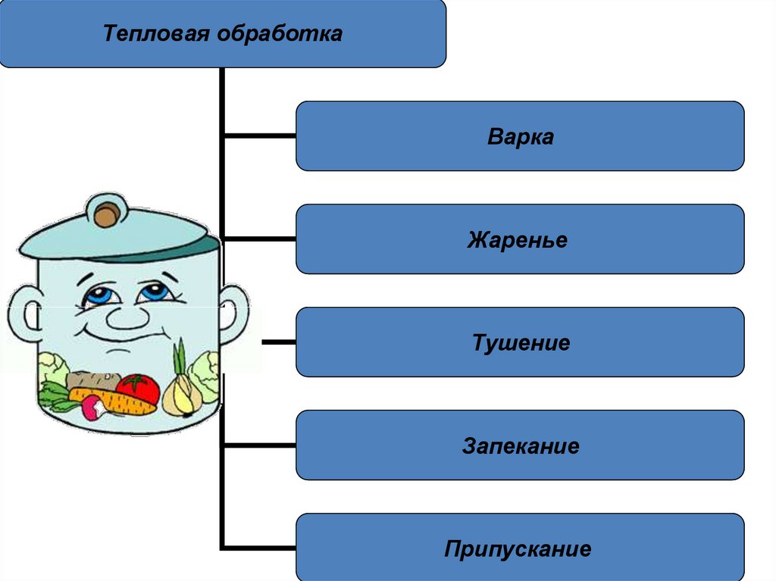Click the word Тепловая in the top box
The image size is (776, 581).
156,34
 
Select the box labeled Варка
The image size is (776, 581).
520,136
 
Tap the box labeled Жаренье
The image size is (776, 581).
520,239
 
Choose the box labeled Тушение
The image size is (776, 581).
520,342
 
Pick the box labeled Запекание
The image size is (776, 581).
520,445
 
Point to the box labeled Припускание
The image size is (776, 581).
520,548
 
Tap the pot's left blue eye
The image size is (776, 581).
99,295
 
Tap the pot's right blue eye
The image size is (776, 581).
155,292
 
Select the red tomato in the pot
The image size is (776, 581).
139,389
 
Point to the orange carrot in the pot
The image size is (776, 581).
114,401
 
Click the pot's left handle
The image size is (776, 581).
22,314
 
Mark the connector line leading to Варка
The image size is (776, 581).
259,136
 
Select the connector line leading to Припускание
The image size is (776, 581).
259,547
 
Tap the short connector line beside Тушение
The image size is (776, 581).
278,342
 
